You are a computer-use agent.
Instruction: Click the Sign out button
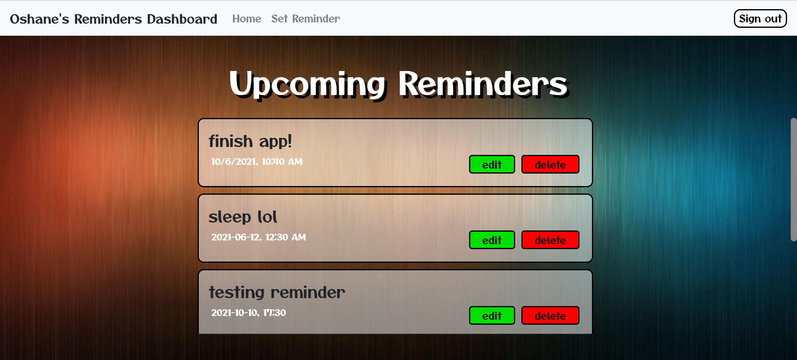pos(760,19)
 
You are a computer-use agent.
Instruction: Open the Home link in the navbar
pos(247,19)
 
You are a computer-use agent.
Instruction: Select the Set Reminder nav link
pos(306,19)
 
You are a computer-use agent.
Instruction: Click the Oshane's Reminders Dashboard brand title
pos(113,19)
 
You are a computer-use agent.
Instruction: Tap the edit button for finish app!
pos(492,164)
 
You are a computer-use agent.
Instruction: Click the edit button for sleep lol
pos(492,240)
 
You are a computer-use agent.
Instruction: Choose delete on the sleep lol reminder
pos(550,240)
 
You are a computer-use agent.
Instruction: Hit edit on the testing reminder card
pos(492,316)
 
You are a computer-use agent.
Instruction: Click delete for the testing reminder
pos(550,316)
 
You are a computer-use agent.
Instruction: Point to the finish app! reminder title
pos(250,141)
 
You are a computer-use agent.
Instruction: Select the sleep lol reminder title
pos(242,217)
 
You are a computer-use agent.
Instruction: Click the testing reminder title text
pos(277,292)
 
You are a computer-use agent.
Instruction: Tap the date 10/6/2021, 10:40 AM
pos(257,162)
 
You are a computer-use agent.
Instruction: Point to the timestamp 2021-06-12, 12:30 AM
pos(258,237)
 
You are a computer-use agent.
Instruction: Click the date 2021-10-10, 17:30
pos(248,313)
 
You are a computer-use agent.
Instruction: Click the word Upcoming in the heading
pos(308,84)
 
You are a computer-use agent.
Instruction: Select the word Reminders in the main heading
pos(483,84)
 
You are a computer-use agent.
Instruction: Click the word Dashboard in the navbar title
pos(182,19)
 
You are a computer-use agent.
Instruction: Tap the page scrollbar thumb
pos(793,179)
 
